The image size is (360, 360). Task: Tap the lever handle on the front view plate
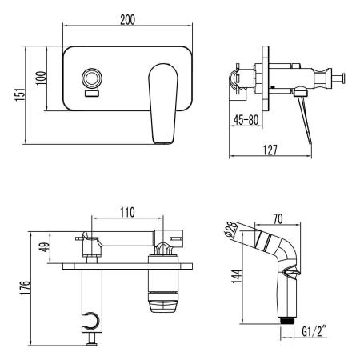point(166,102)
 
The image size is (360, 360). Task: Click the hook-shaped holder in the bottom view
point(93,322)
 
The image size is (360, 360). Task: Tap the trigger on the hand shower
point(294,274)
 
